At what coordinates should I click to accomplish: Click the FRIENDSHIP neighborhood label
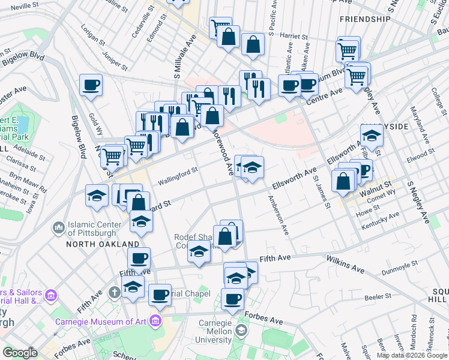point(365,19)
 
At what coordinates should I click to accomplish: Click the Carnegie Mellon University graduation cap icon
point(241,331)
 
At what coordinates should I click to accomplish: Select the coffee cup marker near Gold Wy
point(91,85)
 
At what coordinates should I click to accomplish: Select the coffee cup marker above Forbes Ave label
point(232,298)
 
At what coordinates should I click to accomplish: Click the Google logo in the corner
point(20,353)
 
